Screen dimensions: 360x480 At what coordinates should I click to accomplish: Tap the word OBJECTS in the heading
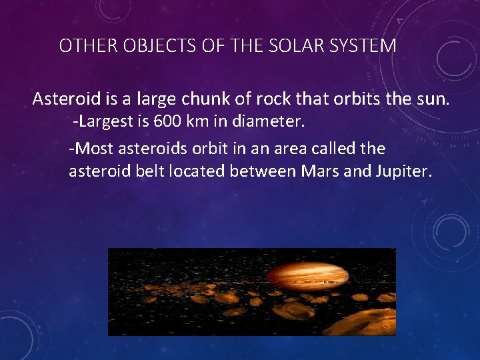[139, 46]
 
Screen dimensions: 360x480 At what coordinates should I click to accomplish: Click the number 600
[166, 123]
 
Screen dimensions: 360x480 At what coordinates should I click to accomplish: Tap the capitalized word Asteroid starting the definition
[66, 100]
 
